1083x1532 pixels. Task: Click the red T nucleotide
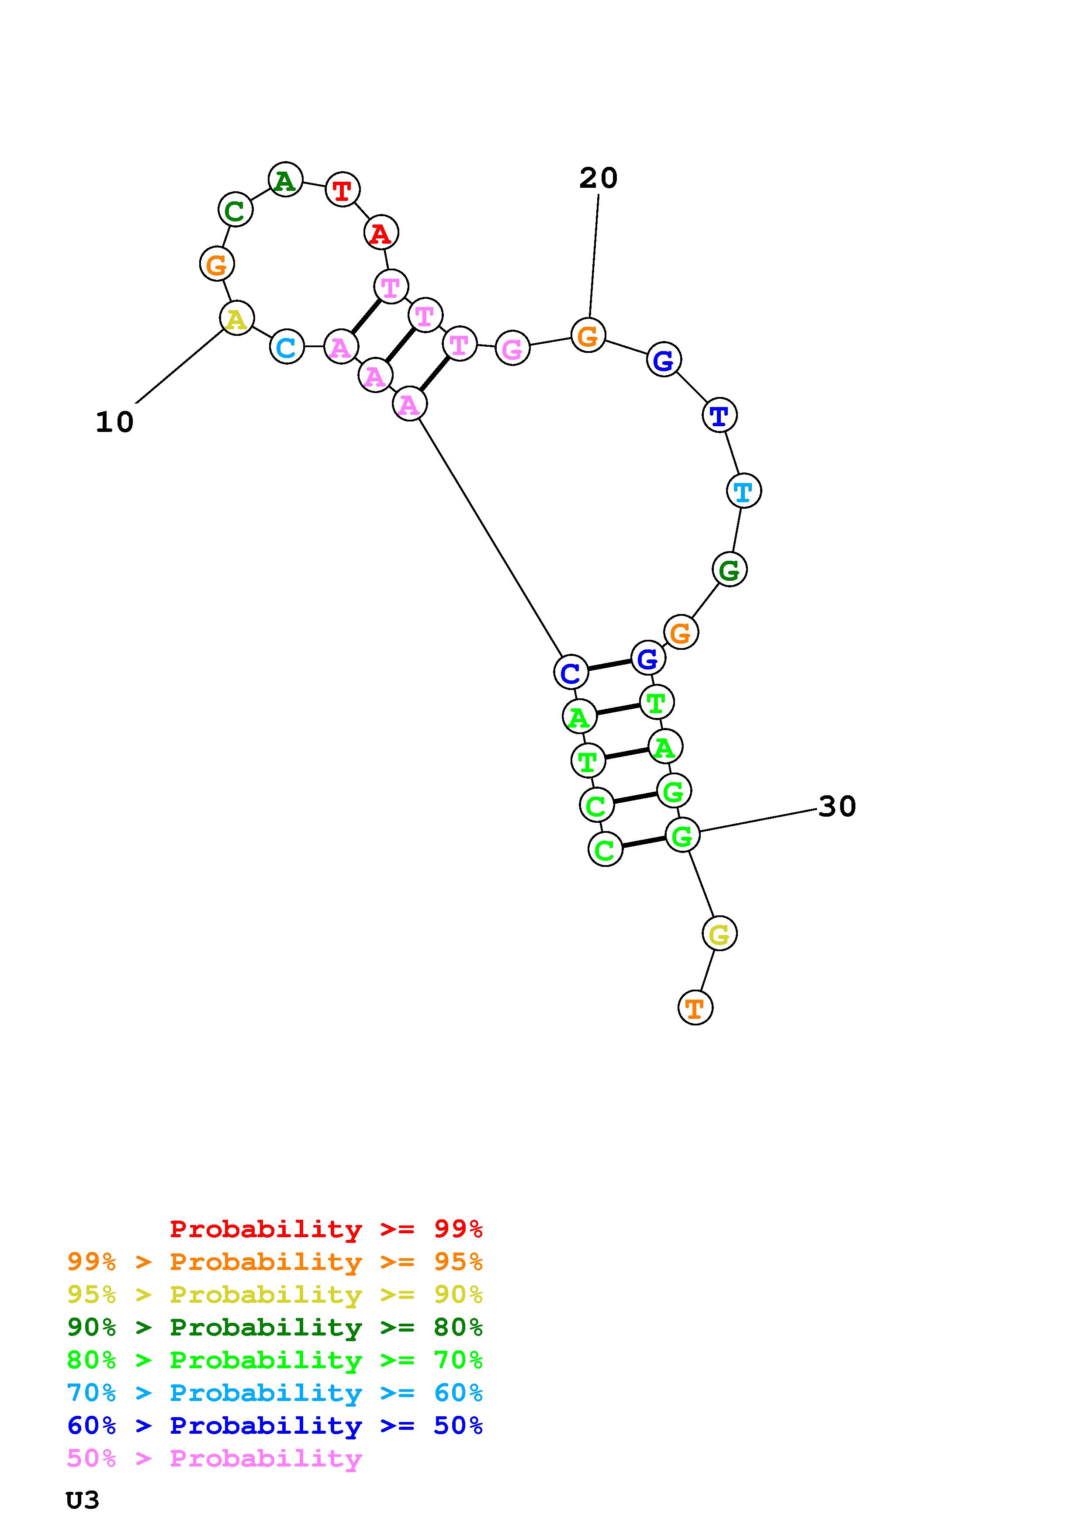click(x=343, y=190)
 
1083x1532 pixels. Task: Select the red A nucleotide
click(x=381, y=233)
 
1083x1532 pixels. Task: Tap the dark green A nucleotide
click(x=286, y=180)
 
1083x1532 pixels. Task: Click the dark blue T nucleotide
click(x=720, y=416)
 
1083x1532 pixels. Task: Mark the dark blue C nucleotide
click(x=571, y=672)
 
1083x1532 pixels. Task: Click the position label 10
click(x=115, y=422)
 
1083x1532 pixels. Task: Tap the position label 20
click(x=599, y=178)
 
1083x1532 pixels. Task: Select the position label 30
click(x=837, y=807)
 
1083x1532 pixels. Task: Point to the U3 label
click(x=83, y=1500)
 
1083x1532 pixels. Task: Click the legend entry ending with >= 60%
click(x=274, y=1393)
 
